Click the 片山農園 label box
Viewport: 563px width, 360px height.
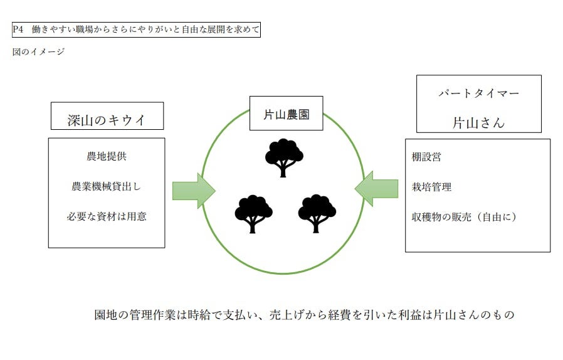click(x=286, y=114)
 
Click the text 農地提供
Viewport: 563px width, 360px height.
click(x=107, y=156)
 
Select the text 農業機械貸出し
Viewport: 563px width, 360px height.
click(x=107, y=186)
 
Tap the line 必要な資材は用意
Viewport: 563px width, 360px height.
click(x=107, y=216)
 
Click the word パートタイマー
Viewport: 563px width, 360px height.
click(x=478, y=93)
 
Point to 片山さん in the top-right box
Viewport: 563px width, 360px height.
click(x=478, y=122)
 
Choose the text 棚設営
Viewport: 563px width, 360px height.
click(x=426, y=157)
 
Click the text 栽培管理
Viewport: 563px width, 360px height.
click(x=431, y=187)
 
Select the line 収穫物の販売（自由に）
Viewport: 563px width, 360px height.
click(x=464, y=217)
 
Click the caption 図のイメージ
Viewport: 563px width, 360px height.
click(x=38, y=52)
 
